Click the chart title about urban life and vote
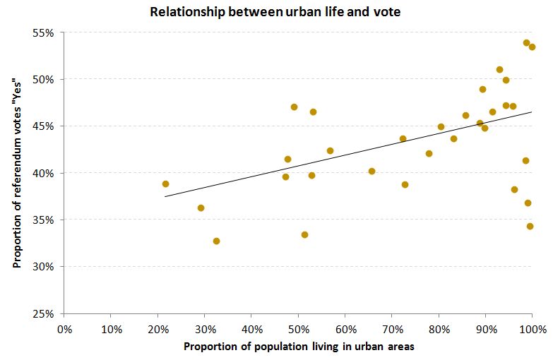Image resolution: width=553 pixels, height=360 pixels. pos(276,12)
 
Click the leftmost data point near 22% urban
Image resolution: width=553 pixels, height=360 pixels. pos(165,184)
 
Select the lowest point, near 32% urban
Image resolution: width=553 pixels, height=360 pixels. pos(216,241)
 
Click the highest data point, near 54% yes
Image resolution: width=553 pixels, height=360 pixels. pos(526,43)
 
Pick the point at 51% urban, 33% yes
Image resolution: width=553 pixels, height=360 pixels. pos(304,234)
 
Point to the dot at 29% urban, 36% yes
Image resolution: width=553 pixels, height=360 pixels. pos(201,208)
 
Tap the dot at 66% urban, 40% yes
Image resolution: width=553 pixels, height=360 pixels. pos(371,171)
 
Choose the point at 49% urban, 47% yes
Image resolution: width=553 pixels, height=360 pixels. pos(294,107)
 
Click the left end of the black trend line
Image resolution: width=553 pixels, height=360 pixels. pos(165,196)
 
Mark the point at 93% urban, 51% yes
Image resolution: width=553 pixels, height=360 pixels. pos(499,69)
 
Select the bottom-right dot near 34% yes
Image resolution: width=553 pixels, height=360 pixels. pos(530,226)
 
